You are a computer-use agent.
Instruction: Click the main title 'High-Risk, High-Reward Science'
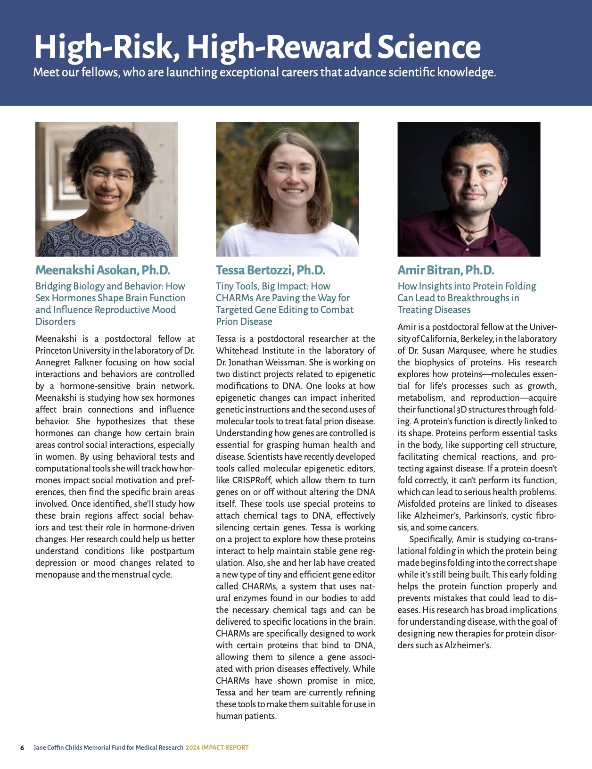click(x=257, y=47)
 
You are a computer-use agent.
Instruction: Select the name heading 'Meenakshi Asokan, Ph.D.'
click(x=102, y=270)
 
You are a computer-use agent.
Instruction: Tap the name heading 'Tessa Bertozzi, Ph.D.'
click(x=270, y=270)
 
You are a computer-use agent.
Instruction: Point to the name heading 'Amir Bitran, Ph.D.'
click(x=445, y=270)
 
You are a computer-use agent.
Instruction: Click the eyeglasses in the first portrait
click(x=109, y=175)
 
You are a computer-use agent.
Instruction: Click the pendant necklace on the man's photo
click(x=469, y=236)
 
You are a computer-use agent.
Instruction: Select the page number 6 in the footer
click(x=22, y=748)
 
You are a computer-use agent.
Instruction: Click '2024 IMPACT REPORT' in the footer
click(x=217, y=748)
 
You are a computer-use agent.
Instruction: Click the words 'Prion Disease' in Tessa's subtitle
click(x=244, y=322)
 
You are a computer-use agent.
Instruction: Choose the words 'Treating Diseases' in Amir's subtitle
click(x=434, y=310)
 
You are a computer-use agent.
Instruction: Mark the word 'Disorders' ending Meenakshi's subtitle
click(x=55, y=322)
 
